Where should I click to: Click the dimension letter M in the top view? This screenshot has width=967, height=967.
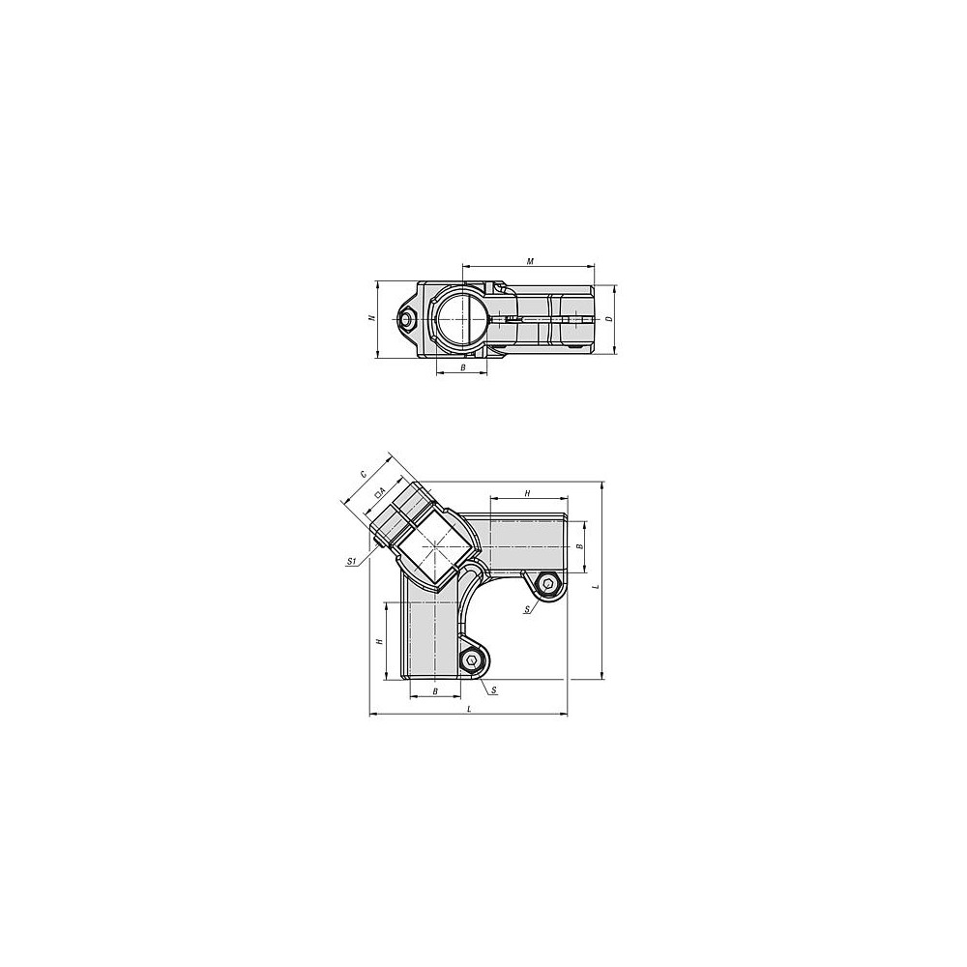pos(530,261)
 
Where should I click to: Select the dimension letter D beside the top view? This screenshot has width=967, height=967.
pos(608,319)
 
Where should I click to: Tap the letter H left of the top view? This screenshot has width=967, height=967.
pos(370,318)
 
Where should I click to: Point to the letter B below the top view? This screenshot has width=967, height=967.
pos(462,367)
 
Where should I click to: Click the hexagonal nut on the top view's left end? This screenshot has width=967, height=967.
pos(407,319)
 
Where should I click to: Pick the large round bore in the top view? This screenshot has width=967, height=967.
pos(461,319)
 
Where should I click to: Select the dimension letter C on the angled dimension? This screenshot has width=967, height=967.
pos(364,474)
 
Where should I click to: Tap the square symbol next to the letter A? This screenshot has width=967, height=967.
pos(377,494)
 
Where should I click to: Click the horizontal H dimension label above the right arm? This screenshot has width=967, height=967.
pos(527,493)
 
